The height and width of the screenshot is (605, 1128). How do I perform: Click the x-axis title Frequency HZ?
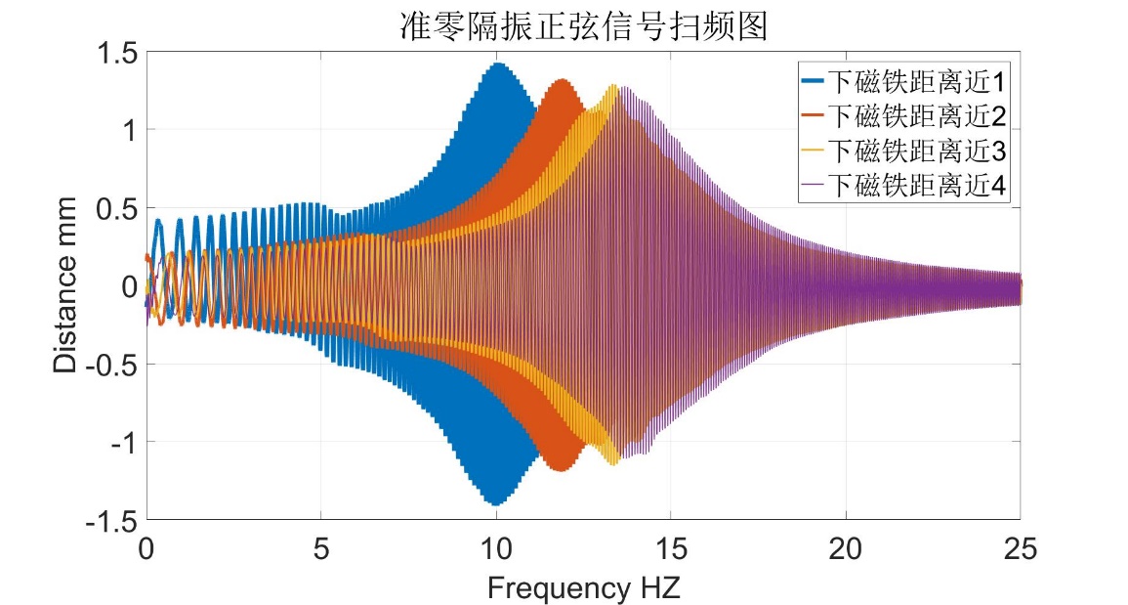pyautogui.click(x=584, y=587)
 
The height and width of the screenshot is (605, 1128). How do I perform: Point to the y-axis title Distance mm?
pyautogui.click(x=64, y=285)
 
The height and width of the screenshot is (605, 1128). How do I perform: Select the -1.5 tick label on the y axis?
pyautogui.click(x=110, y=520)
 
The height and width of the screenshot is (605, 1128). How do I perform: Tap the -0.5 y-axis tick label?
pyautogui.click(x=110, y=364)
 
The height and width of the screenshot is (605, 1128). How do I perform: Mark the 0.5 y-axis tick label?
pyautogui.click(x=115, y=208)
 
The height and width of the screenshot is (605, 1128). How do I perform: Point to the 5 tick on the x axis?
pyautogui.click(x=321, y=547)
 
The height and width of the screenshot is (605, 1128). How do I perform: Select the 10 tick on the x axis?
pyautogui.click(x=496, y=547)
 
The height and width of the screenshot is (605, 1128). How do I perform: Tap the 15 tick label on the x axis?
pyautogui.click(x=671, y=547)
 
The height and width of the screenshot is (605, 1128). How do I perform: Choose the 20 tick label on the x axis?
pyautogui.click(x=846, y=547)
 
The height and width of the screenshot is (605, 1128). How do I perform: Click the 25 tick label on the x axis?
pyautogui.click(x=1020, y=547)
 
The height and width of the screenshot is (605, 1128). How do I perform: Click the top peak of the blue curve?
pyautogui.click(x=498, y=65)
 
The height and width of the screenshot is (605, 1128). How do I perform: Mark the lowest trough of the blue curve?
pyautogui.click(x=496, y=503)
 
